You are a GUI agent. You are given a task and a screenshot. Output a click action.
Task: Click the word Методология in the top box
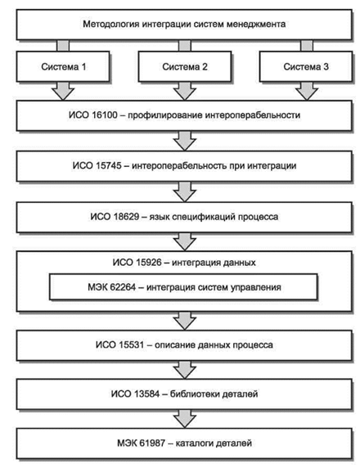click(111, 25)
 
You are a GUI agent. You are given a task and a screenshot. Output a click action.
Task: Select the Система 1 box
click(63, 66)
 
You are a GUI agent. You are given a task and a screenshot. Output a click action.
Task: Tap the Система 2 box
click(185, 66)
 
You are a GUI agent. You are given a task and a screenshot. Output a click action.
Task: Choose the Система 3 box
click(306, 66)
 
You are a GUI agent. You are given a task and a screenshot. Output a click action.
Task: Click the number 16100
click(105, 115)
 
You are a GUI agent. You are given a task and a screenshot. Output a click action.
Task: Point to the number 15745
click(109, 165)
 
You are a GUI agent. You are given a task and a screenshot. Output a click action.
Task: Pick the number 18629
click(127, 216)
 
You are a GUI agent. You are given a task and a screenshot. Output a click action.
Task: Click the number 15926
click(149, 263)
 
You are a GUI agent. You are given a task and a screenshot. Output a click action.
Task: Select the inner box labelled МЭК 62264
click(183, 287)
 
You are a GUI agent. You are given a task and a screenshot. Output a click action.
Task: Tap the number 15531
click(132, 344)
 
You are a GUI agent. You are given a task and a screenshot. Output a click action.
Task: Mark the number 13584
click(146, 394)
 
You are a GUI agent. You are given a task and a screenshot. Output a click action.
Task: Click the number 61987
click(152, 443)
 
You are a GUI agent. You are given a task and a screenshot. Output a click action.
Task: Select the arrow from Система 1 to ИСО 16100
click(63, 91)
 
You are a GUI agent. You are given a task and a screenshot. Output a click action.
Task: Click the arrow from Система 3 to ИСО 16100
click(307, 91)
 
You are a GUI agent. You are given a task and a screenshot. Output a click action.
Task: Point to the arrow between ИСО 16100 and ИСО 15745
click(185, 141)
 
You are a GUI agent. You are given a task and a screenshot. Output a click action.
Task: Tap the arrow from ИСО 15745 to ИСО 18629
click(185, 191)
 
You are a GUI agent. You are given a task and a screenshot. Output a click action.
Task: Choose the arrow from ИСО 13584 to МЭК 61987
click(185, 418)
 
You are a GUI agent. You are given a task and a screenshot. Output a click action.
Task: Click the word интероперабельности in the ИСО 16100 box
click(253, 115)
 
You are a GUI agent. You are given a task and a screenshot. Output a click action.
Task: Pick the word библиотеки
click(190, 394)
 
